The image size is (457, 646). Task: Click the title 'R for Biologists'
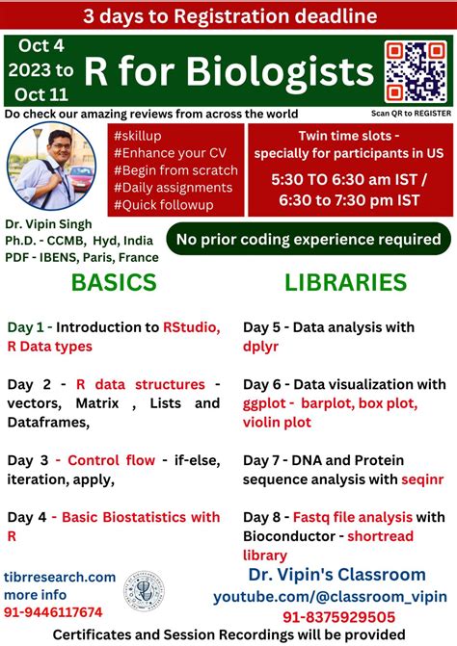tap(228, 68)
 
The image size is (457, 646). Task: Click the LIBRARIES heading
tap(345, 282)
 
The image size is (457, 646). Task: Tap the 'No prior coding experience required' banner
tap(309, 239)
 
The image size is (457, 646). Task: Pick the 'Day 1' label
tap(27, 327)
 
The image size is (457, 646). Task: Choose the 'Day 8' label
tap(264, 517)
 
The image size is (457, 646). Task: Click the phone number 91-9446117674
tap(54, 611)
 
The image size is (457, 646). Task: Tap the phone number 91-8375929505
tap(337, 616)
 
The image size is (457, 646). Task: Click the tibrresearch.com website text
tap(60, 577)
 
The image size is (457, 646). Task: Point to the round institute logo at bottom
tap(144, 594)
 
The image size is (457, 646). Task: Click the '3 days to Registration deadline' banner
tap(228, 15)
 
